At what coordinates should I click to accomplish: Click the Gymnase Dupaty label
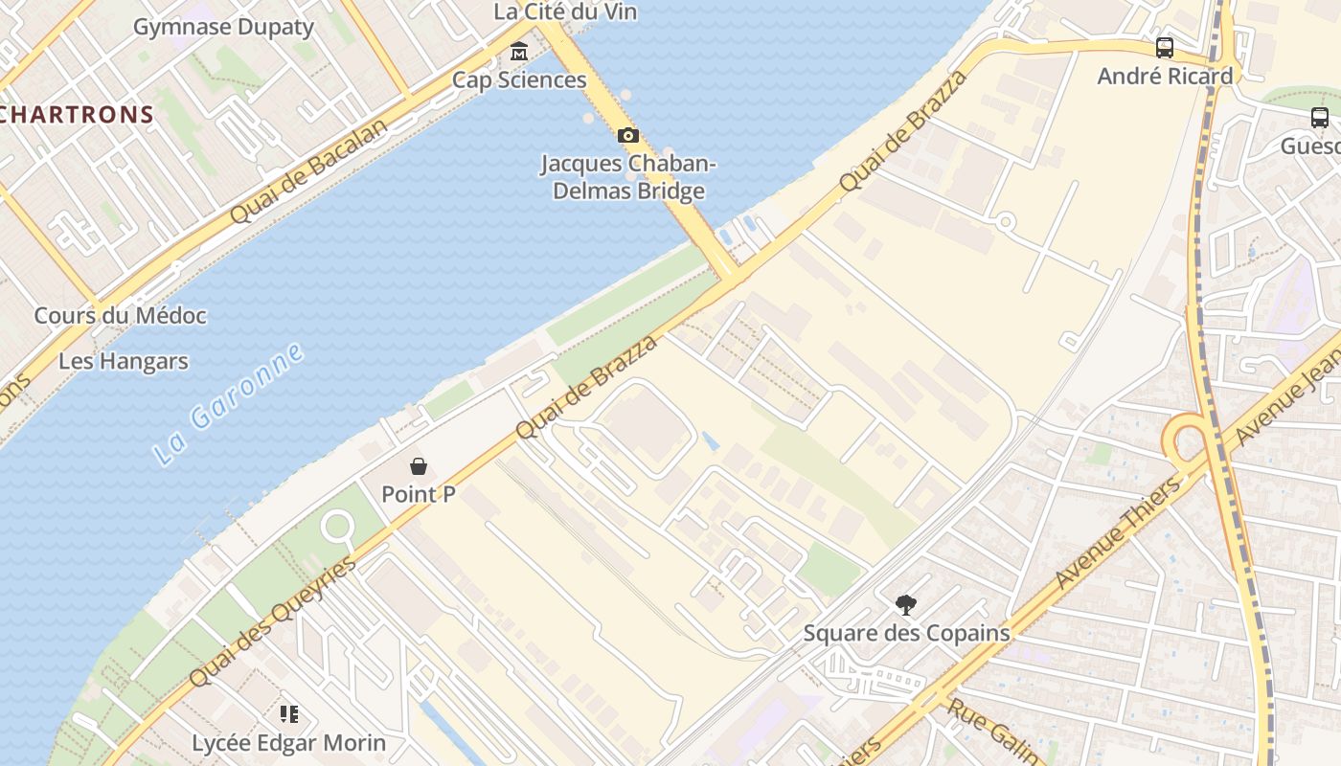point(223,27)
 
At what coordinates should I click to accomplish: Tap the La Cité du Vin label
point(565,11)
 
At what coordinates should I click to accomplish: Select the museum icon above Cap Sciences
point(519,51)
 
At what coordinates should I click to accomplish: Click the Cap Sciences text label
point(519,79)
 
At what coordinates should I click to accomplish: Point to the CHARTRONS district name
point(77,115)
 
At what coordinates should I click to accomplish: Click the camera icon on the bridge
point(628,135)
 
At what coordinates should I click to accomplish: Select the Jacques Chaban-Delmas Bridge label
point(628,177)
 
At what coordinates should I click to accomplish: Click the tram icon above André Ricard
point(1165,47)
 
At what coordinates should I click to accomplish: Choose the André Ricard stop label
point(1165,77)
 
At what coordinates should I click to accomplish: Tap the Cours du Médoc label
point(121,315)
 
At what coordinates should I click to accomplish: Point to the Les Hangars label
point(124,362)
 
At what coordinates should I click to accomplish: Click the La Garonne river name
point(230,404)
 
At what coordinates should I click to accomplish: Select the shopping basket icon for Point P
point(419,466)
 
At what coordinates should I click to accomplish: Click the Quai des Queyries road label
point(273,620)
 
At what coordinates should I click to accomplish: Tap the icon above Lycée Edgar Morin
point(289,713)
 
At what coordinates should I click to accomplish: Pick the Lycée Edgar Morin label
point(289,743)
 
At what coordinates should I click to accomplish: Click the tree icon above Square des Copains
point(906,604)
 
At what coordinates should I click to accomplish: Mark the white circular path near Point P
point(337,526)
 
